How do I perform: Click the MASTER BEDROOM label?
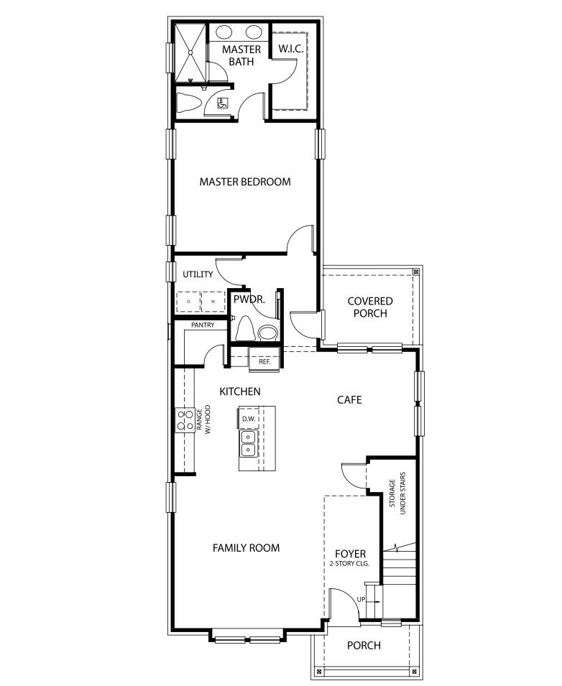245,182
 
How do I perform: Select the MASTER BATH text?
241,55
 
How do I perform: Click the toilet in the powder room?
244,329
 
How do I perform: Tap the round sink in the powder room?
267,332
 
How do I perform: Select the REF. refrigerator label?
264,361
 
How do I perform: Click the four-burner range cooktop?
184,420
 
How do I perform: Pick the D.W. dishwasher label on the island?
249,418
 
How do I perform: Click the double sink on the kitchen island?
249,443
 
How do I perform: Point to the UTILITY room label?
198,274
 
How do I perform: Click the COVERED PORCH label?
369,307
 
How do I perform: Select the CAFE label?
349,399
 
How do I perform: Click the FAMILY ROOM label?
246,548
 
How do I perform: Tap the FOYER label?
351,554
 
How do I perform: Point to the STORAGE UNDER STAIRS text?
398,493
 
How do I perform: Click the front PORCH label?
364,645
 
